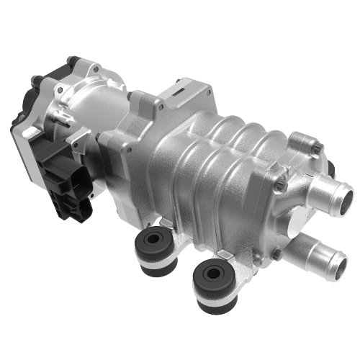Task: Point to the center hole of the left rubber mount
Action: click(153, 238)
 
